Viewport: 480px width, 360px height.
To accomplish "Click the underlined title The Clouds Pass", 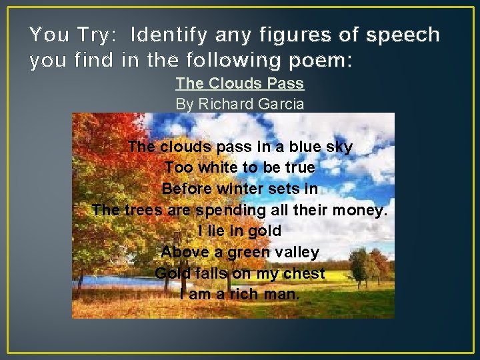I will tap(240, 83).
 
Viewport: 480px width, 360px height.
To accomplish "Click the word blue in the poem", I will tap(305, 147).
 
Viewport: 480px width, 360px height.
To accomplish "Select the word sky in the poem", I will tap(340, 147).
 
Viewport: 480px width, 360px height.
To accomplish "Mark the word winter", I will tap(241, 189).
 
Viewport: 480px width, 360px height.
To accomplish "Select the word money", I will tap(361, 210).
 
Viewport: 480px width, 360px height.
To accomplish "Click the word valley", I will tap(295, 253).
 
